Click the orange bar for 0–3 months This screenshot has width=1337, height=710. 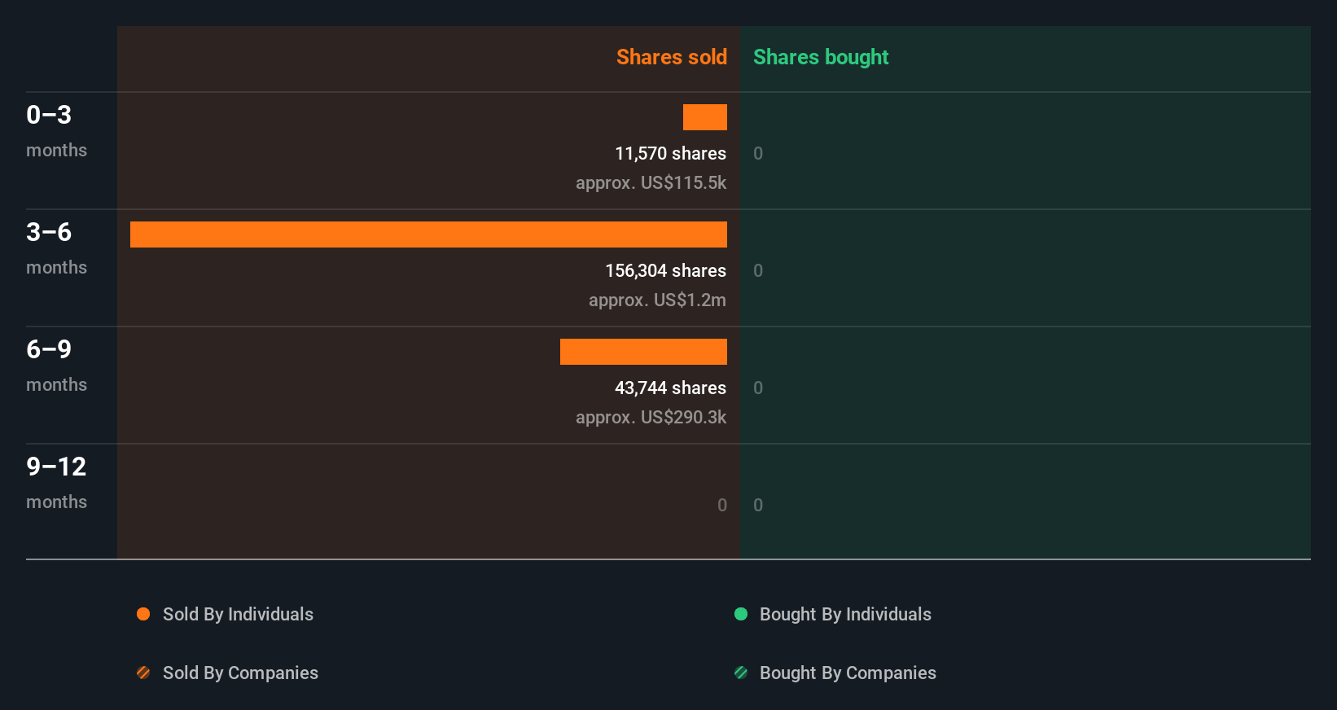(705, 117)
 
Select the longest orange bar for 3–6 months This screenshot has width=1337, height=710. (428, 234)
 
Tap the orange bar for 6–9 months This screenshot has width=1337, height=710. (643, 352)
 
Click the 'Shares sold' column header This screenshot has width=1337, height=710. (671, 57)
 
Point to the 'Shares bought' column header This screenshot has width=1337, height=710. (820, 57)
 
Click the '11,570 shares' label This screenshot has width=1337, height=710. (670, 154)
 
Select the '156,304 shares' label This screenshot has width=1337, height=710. (665, 271)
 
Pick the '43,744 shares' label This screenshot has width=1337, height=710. (670, 388)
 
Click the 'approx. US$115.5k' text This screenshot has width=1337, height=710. (651, 183)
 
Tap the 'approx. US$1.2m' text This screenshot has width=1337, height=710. (657, 300)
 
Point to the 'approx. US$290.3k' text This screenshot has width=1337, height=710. (651, 418)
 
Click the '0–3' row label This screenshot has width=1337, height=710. (49, 115)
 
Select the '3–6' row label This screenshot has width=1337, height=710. (49, 232)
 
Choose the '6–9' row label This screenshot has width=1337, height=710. (49, 349)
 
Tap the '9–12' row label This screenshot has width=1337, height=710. (56, 467)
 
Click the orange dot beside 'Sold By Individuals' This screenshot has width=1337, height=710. (143, 614)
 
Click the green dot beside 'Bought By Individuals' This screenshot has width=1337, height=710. (741, 614)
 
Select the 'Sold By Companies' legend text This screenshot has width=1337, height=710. (240, 673)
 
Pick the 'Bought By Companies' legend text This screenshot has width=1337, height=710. (848, 673)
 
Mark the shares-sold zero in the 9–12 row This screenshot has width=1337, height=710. (722, 506)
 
